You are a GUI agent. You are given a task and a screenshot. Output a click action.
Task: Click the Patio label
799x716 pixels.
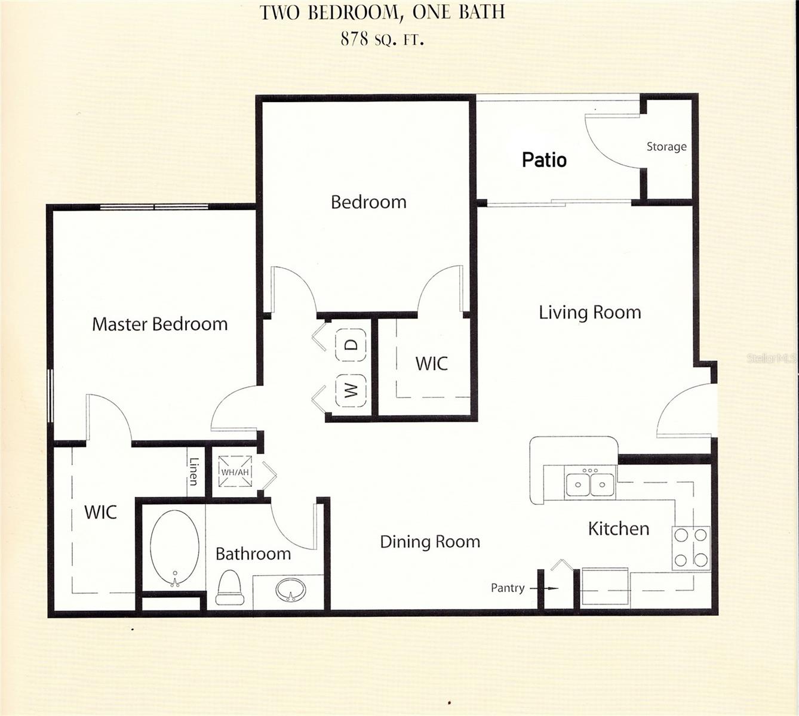(544, 160)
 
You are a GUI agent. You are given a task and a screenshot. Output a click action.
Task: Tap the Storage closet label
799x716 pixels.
(666, 147)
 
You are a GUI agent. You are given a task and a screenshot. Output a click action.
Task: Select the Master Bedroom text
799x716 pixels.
(159, 324)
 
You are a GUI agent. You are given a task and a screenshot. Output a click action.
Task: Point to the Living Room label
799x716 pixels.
(590, 313)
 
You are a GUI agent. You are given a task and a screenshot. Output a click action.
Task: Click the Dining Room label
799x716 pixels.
(430, 542)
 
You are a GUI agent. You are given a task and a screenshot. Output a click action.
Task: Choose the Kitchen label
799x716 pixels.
(619, 529)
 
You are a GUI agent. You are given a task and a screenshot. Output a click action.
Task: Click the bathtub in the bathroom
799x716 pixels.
(174, 549)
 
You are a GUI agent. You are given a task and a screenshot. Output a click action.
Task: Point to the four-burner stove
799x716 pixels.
(691, 548)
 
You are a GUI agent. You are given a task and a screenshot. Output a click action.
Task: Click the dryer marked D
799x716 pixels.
(351, 345)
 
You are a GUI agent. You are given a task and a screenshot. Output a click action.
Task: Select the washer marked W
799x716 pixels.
(351, 390)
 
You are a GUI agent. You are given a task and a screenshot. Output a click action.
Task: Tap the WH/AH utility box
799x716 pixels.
(235, 472)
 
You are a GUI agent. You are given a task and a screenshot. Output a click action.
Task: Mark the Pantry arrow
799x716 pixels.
(544, 588)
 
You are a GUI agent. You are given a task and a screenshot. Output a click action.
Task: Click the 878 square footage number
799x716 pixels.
(353, 39)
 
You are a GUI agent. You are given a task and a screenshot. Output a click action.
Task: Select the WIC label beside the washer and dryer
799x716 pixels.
(431, 363)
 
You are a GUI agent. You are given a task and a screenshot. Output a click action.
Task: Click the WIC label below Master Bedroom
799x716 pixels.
(100, 512)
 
